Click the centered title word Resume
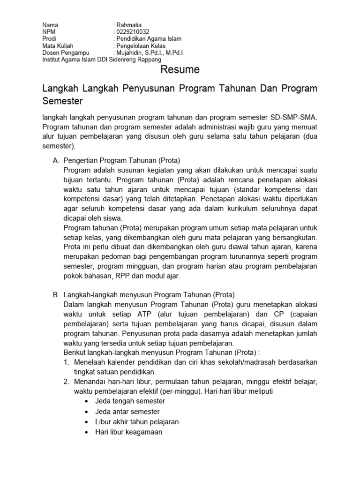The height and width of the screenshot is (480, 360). click(x=180, y=70)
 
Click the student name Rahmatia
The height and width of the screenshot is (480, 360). click(x=129, y=25)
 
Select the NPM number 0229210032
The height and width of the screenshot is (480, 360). click(x=133, y=32)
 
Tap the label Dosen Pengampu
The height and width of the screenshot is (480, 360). click(x=63, y=53)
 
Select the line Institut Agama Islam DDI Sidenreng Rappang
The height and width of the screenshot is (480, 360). click(x=102, y=60)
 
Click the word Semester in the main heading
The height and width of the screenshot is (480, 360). click(x=62, y=101)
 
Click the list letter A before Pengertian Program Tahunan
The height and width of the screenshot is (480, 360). click(x=56, y=160)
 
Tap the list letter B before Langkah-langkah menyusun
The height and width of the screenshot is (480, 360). click(x=56, y=295)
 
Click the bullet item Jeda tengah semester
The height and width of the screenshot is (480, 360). click(x=130, y=401)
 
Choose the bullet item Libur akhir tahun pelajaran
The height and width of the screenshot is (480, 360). click(x=137, y=422)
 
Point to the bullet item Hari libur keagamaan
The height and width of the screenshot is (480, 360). click(x=128, y=432)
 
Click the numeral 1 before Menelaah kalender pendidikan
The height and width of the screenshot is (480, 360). click(x=66, y=362)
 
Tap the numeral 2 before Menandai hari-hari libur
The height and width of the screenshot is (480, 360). click(x=66, y=382)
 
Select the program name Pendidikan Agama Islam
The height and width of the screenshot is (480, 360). click(x=150, y=39)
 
